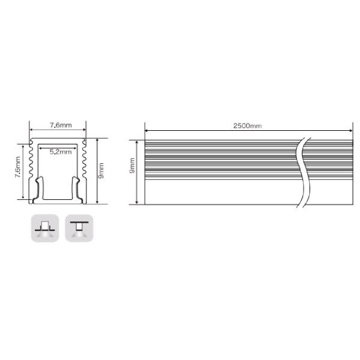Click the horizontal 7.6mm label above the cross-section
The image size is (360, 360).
coord(61,125)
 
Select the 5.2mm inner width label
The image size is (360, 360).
coord(61,152)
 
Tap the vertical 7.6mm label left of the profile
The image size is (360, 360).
coord(17,167)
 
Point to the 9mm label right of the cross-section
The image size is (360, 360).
coord(101,170)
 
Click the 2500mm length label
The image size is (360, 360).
coord(247,126)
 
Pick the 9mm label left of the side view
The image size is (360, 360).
coord(132,166)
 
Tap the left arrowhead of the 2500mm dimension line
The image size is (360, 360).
coord(146,131)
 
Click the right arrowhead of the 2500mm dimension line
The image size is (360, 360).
coord(351,131)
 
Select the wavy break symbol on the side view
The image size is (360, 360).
coord(304,173)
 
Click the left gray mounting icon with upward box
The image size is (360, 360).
coord(45,228)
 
